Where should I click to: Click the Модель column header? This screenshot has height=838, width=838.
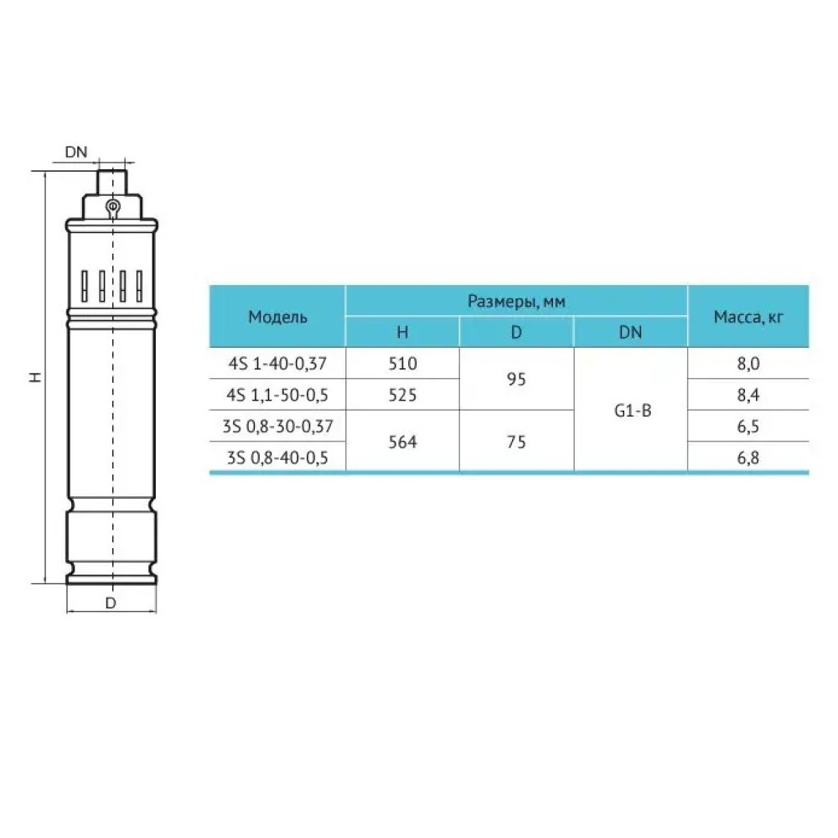tap(277, 317)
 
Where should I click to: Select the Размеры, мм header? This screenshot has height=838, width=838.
tap(516, 302)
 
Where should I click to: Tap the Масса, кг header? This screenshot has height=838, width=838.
tap(748, 317)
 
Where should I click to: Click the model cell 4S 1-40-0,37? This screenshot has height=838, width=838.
tap(277, 364)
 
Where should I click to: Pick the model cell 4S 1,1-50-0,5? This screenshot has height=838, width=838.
tap(277, 395)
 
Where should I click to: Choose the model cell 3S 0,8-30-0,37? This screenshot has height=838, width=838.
tap(277, 426)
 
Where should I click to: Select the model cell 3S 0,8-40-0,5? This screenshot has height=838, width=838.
tap(277, 458)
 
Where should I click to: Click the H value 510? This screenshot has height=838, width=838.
tap(402, 364)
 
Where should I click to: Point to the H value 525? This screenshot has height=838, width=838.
tap(402, 395)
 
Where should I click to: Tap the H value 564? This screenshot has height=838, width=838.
tap(402, 442)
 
